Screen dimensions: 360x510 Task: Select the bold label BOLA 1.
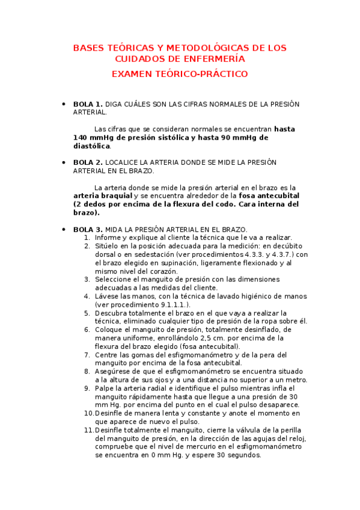pos(88,104)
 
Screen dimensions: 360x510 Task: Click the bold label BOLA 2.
pos(88,162)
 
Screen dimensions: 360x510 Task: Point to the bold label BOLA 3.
pos(88,229)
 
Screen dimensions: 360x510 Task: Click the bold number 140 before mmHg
pos(81,138)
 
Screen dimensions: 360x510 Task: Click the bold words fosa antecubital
pos(269,196)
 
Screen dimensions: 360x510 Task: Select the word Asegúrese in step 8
pos(114,372)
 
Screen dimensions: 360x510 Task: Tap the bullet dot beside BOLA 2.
pos(64,162)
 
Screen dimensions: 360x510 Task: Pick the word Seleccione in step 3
pos(115,280)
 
